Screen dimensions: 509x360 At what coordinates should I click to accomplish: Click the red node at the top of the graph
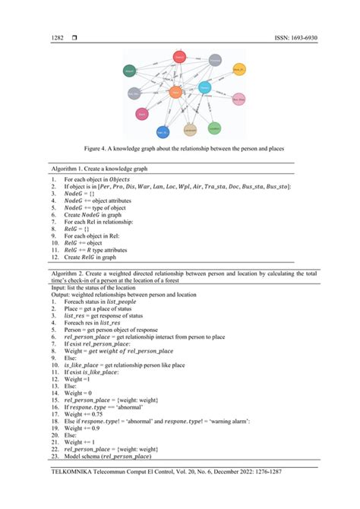[x=179, y=57]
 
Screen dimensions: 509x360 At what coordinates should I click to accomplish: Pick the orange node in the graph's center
[x=175, y=93]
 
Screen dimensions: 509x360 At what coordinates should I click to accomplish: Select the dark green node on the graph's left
[x=129, y=71]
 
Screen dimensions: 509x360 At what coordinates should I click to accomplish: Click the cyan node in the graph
[x=204, y=88]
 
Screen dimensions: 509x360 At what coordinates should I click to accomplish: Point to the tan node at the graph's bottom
[x=190, y=131]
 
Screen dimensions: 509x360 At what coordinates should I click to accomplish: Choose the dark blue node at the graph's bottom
[x=163, y=133]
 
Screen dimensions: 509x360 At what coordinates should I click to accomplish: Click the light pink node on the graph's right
[x=238, y=100]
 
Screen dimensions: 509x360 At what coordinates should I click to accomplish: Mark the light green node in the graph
[x=214, y=128]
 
